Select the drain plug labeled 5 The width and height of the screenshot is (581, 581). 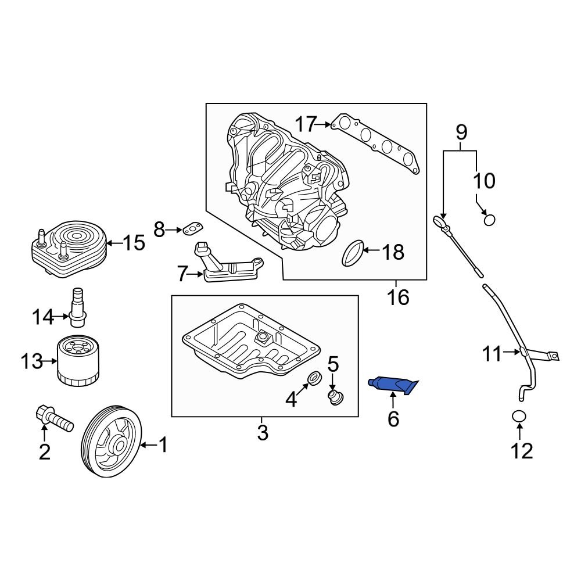point(335,399)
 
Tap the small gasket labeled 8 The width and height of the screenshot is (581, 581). point(192,229)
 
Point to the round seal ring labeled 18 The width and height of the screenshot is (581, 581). point(353,253)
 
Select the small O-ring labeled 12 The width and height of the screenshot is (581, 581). point(519,417)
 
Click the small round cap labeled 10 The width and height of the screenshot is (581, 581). point(490,220)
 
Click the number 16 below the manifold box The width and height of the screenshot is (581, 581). point(399,297)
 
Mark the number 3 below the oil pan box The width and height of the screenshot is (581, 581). point(262,432)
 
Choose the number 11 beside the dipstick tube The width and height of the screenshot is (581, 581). point(492,353)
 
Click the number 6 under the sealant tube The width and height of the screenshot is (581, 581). point(393,419)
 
